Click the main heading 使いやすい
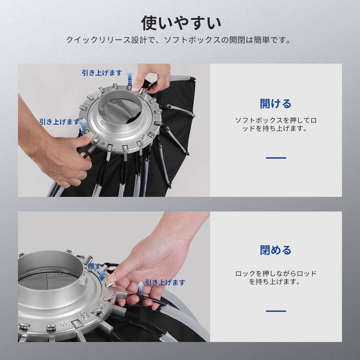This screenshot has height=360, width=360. (x=181, y=23)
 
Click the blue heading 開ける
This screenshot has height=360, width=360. (x=276, y=104)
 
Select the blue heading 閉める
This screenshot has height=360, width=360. (x=276, y=250)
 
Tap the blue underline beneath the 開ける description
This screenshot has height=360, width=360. (x=276, y=158)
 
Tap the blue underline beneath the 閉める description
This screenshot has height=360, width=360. (x=276, y=311)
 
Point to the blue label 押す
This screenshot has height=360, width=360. (x=94, y=266)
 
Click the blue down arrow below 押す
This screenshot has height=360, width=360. (x=102, y=275)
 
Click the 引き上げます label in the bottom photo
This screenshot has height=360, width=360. (x=165, y=282)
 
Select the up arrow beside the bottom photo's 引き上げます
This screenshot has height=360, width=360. (x=141, y=288)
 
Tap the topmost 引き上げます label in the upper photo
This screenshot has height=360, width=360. (x=102, y=73)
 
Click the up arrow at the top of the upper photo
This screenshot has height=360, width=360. (x=130, y=78)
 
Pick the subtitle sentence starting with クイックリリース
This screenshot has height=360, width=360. (x=179, y=40)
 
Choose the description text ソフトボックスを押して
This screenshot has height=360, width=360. (x=276, y=120)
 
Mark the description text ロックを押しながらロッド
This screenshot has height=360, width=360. (x=276, y=274)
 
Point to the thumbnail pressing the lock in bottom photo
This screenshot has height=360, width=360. (x=112, y=279)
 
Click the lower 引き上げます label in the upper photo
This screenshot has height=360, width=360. (x=59, y=122)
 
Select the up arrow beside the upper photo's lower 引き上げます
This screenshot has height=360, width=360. (x=84, y=126)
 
